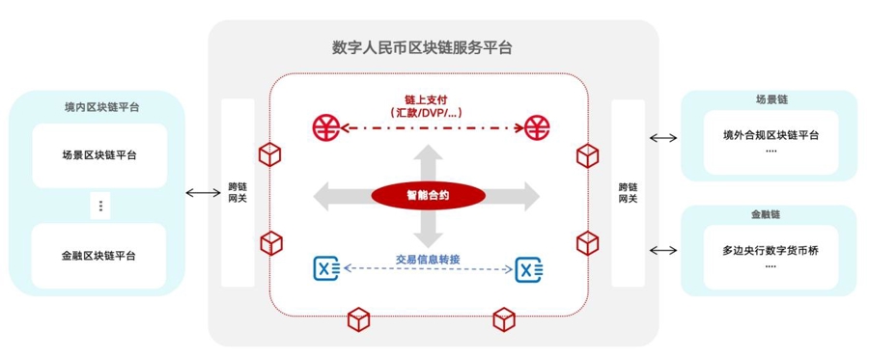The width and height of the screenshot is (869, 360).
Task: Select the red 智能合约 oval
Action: coord(425,195)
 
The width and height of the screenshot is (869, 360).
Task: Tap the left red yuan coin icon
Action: coord(325,125)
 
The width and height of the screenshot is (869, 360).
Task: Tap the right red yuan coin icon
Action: coord(537,125)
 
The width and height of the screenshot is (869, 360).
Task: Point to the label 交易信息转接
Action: coord(428,258)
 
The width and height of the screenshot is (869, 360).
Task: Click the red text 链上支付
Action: coord(427,98)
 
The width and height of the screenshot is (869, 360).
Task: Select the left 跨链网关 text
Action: coord(238,192)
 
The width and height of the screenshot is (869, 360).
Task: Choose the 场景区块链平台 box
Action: coord(98,155)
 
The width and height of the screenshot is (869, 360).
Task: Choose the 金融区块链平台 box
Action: coord(98,256)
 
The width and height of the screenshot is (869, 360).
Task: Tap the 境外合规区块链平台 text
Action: coord(771,134)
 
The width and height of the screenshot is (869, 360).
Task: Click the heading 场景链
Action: coord(770,99)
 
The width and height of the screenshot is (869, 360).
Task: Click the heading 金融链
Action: coord(770,214)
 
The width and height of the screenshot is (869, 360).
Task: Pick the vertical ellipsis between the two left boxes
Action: coord(99,206)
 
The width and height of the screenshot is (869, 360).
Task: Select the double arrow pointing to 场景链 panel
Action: coord(663,138)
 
